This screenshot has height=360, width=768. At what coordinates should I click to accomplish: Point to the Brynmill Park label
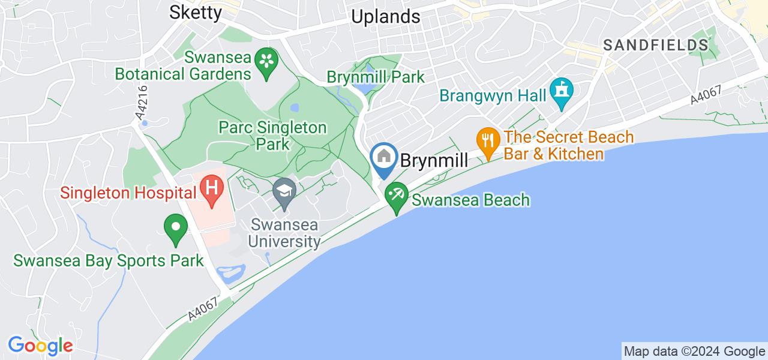(376, 77)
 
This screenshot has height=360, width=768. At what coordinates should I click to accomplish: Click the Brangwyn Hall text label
(493, 95)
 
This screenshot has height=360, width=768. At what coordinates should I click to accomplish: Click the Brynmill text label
(434, 160)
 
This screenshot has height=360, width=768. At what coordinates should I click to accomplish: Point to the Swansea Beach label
(470, 200)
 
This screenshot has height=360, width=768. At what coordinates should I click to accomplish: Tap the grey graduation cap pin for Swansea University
(284, 193)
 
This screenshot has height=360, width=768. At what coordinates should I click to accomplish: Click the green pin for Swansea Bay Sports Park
(176, 228)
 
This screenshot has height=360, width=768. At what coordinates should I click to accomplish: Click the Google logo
(40, 346)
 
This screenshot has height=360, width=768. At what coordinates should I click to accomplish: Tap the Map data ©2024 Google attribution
(694, 352)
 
